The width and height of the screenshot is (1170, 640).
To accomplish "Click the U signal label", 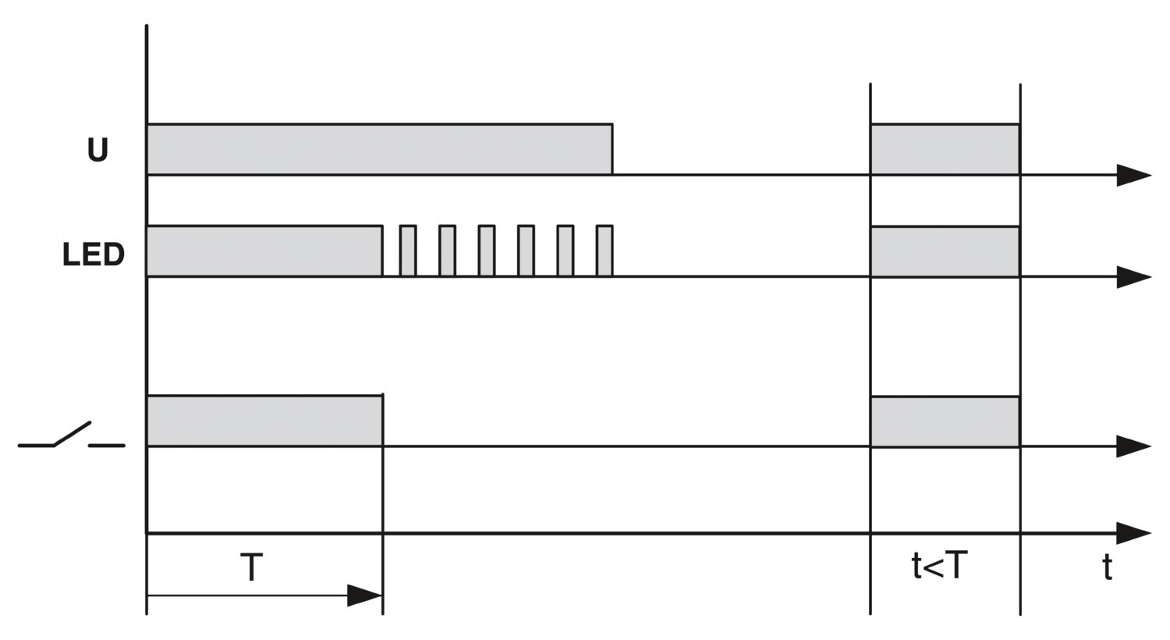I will point(97,149).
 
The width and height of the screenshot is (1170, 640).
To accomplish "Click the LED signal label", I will point(93,254).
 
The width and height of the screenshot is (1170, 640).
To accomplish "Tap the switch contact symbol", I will point(71,436).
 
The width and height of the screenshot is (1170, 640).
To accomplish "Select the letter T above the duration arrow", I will point(251,567).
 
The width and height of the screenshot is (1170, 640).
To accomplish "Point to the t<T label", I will point(940,565).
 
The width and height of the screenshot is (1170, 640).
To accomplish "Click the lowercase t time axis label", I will point(1107,567).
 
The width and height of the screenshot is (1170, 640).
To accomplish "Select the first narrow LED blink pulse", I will point(408,251).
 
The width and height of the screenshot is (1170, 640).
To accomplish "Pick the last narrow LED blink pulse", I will point(604,251).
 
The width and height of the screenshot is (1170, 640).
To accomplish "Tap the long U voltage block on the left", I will point(379,149).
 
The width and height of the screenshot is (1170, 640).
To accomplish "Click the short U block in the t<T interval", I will point(945,149).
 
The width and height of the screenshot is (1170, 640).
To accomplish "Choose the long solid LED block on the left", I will point(264,251).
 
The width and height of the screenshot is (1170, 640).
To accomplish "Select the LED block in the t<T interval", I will point(945,251).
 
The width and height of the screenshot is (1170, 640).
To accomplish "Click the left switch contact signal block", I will point(264,421).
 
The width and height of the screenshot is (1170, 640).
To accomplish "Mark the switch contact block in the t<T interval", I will point(945,421).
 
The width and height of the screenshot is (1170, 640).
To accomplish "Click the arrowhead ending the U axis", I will point(1133,175).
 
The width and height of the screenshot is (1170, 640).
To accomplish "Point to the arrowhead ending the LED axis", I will point(1133,276).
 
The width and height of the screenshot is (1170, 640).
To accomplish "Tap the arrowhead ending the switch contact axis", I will point(1133,446).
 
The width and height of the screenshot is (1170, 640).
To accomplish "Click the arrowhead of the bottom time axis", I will point(1133,533).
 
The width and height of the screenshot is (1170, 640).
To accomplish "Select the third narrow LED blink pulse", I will point(487,251).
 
